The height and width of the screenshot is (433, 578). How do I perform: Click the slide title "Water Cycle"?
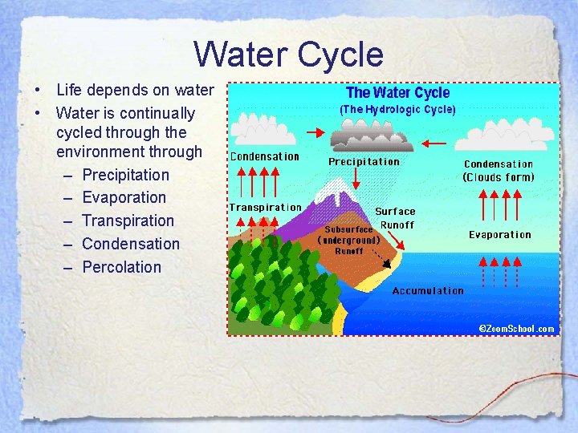(x=288, y=55)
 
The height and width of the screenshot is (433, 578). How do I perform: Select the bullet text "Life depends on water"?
(x=135, y=90)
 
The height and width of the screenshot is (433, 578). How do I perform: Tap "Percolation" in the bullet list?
(x=121, y=267)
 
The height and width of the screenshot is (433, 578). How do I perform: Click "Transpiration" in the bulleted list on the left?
(x=128, y=221)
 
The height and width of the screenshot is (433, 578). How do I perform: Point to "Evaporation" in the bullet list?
(x=124, y=197)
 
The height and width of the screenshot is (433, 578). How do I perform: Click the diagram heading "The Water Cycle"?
(x=397, y=93)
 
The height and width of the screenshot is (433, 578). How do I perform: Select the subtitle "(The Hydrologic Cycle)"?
(x=397, y=109)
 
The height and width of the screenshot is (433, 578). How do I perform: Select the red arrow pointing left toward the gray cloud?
(x=434, y=143)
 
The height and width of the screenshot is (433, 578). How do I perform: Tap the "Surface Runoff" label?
(x=396, y=218)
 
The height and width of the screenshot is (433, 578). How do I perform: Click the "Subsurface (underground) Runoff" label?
(x=348, y=239)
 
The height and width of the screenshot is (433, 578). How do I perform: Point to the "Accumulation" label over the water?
(x=427, y=291)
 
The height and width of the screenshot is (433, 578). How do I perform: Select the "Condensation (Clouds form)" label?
(x=499, y=171)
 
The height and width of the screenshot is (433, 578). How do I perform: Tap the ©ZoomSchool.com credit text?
(x=516, y=329)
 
